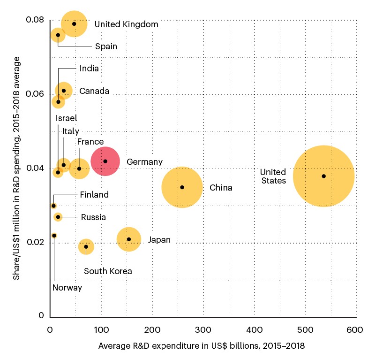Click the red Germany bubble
105,161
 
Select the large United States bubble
323,176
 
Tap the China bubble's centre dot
182,187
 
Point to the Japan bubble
129,239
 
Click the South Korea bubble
86,246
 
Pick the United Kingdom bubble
74,24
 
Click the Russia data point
58,217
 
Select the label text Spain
106,46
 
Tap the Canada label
94,91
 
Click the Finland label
94,194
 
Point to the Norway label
67,288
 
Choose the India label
89,69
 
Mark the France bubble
79,169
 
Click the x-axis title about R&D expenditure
202,346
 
